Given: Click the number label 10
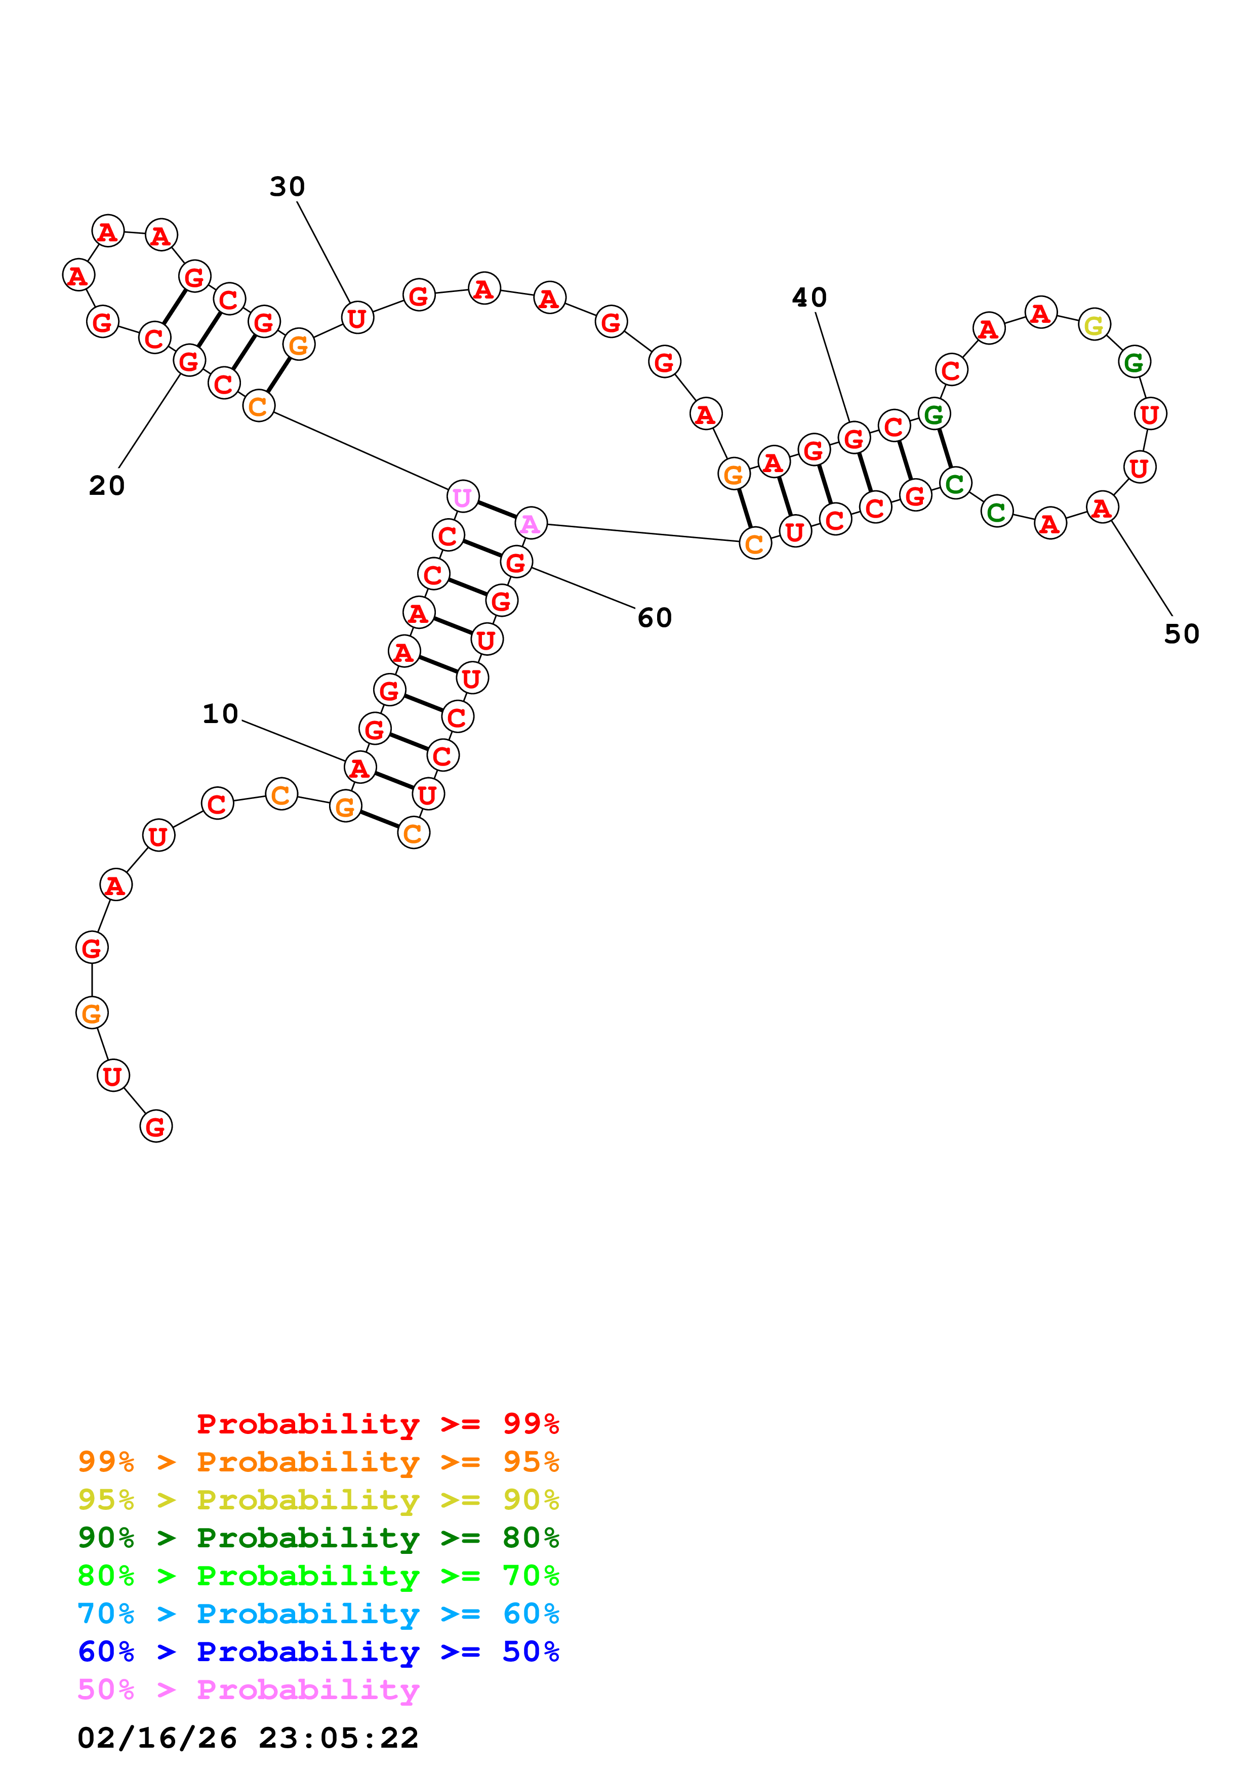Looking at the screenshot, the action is (220, 713).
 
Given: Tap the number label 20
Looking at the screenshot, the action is (107, 486).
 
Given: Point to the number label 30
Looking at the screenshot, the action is (287, 186).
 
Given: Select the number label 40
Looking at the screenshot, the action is (809, 298).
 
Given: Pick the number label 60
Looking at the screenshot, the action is (654, 618).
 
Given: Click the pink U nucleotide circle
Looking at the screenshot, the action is (462, 496).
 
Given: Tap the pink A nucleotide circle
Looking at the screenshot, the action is (531, 523).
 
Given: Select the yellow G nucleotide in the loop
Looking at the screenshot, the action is (1094, 325).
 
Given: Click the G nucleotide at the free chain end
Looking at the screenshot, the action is (155, 1126).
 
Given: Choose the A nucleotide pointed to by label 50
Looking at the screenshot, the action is (1102, 508).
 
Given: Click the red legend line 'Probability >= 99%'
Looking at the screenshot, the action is (377, 1423).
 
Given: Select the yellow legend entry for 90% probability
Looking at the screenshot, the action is (318, 1499).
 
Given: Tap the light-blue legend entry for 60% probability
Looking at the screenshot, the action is (318, 1614).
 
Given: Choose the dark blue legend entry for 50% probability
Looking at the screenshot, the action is (318, 1652).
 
